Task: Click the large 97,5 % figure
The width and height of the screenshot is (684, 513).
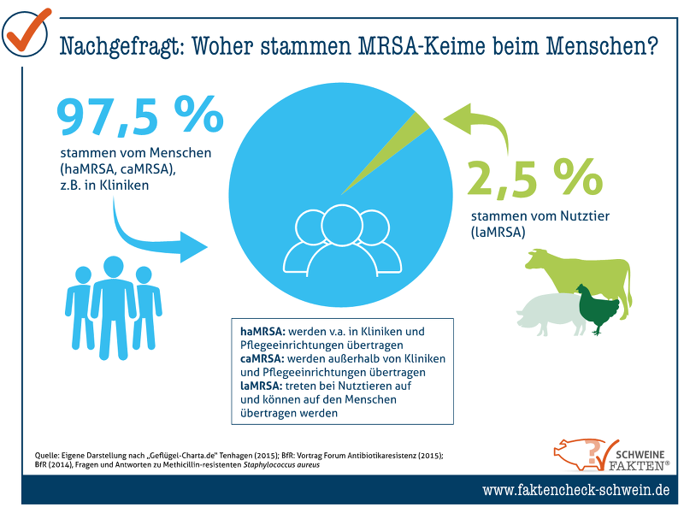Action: click(140, 118)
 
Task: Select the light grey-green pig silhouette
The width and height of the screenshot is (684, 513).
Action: click(547, 312)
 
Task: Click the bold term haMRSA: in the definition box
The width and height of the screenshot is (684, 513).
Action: click(263, 331)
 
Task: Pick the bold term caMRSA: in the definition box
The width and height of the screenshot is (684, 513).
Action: click(263, 358)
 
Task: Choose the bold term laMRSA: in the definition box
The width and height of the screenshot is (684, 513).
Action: click(262, 386)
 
